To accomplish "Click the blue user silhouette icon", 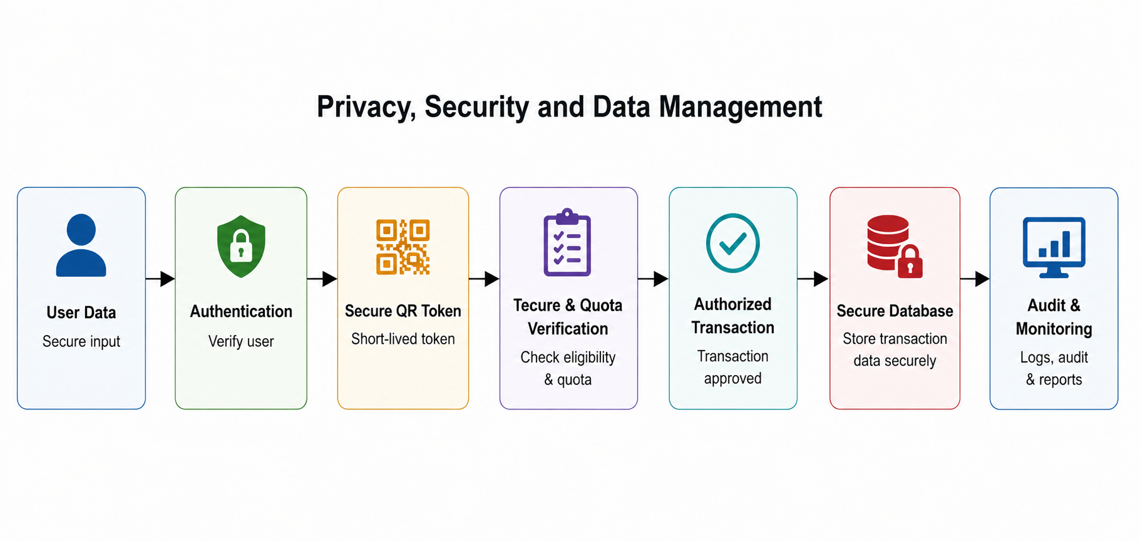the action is click(x=81, y=245).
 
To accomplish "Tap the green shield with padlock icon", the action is click(x=241, y=246).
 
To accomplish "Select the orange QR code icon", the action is click(x=403, y=247).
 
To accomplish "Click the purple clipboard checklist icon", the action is click(x=567, y=242).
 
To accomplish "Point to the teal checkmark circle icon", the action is click(x=732, y=243).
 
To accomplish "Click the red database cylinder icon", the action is click(x=888, y=243).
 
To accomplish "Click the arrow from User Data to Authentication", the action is click(x=160, y=279).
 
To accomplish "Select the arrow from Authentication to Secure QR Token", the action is click(x=322, y=279).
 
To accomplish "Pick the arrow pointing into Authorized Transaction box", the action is click(x=654, y=279).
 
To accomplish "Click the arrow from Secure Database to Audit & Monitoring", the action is click(x=975, y=279).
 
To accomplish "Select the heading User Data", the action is click(x=81, y=312).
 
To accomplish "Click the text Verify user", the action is click(x=241, y=342).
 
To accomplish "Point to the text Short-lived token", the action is click(x=403, y=339).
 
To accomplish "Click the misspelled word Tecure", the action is click(x=537, y=306).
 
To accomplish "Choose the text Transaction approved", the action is click(x=732, y=367).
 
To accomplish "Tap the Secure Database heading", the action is click(x=895, y=311).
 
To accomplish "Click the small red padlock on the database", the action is click(x=910, y=262).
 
